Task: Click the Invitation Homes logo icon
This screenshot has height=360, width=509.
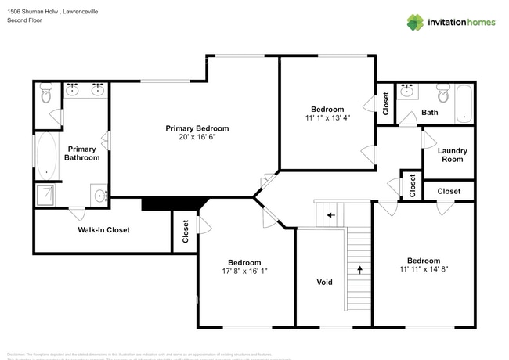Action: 415,22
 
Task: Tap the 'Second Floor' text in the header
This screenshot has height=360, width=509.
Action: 24,20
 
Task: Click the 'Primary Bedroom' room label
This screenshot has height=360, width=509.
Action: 197,128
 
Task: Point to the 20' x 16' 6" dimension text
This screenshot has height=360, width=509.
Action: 197,137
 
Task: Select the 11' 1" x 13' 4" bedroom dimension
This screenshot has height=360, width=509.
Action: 327,118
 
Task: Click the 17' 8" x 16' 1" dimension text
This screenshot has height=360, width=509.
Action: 244,272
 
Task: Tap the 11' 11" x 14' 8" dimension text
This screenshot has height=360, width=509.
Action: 423,269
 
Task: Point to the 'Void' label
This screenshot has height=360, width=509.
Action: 324,282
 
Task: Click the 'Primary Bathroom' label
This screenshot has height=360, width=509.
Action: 82,153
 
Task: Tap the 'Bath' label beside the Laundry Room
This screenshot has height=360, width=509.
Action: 429,113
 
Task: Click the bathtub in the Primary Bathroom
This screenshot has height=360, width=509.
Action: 46,155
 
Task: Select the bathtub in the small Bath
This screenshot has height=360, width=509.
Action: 464,104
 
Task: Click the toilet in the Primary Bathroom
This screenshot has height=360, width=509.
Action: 45,95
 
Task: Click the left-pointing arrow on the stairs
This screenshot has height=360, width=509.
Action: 330,214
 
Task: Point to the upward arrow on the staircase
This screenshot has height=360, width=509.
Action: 359,268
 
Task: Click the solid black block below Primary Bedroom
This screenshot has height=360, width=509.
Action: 171,203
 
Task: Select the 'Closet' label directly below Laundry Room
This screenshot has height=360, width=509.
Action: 449,191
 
